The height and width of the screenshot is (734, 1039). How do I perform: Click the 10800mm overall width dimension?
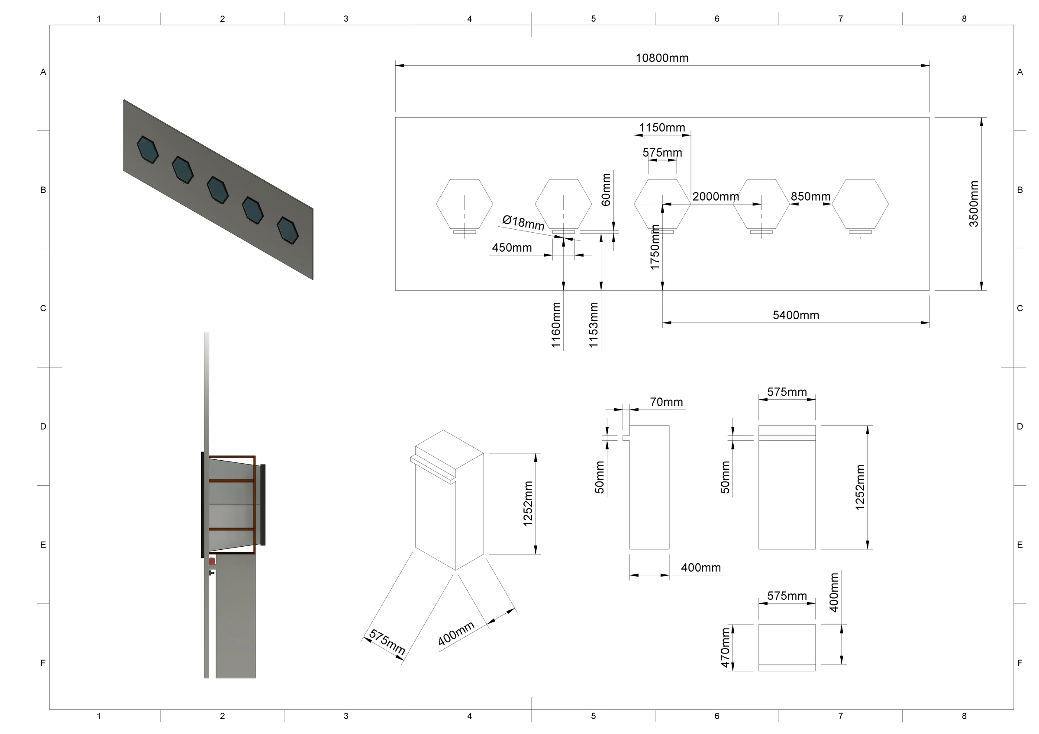point(661,58)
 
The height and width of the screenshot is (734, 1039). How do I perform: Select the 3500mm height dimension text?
point(973,204)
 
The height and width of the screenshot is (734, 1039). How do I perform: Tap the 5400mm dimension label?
point(796,315)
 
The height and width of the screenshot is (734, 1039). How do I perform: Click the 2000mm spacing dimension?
point(716,197)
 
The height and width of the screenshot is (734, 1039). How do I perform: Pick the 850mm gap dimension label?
point(810,197)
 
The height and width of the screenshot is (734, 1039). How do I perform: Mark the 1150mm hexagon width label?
point(661,128)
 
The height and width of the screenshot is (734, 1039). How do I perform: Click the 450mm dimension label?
point(512,248)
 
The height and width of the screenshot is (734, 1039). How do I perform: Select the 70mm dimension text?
point(666,402)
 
